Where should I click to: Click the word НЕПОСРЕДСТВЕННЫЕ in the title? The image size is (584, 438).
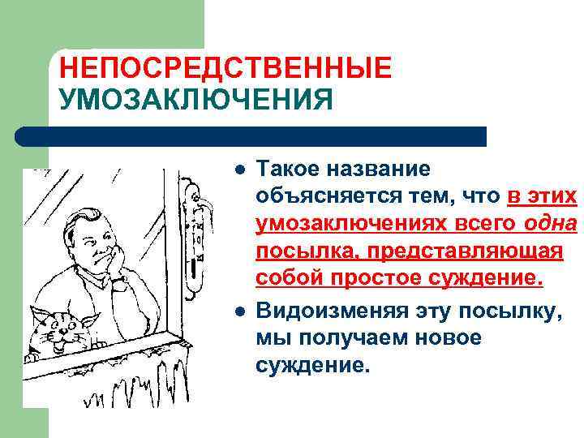(x=225, y=67)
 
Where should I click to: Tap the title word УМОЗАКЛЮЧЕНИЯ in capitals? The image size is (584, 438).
(x=195, y=101)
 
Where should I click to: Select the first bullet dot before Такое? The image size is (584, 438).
(x=238, y=170)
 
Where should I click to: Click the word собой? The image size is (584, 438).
(x=286, y=279)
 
